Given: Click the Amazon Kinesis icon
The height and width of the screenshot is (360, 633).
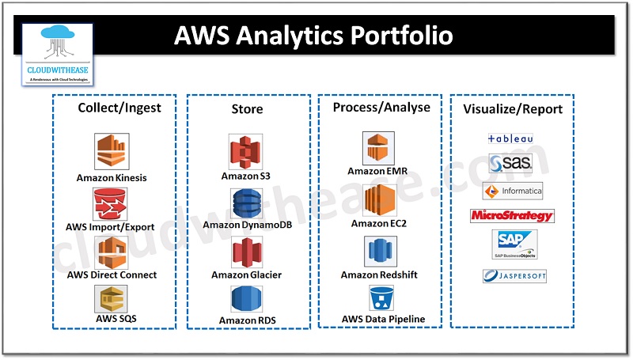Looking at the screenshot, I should coord(112,150).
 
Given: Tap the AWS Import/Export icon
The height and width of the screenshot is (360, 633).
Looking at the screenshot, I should coord(112,204).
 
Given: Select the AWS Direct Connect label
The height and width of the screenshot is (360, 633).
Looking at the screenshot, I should coord(112,275).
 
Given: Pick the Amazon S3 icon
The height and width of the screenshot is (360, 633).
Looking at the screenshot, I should coord(246,152).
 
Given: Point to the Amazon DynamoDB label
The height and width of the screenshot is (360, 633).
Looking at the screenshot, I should coord(246,225).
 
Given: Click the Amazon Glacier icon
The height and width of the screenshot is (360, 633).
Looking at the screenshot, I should coord(246,252).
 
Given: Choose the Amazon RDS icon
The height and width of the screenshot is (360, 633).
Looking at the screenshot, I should coord(246,301).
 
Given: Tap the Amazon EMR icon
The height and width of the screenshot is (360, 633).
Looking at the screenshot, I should coord(378,148).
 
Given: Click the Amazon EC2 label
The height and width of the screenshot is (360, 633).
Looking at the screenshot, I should coord(378,224).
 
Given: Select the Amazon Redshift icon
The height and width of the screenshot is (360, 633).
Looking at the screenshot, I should coord(378,252).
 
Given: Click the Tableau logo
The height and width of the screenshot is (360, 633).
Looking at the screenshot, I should coord(510,138).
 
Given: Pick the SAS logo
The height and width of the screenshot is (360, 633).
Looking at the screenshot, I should coord(510,164).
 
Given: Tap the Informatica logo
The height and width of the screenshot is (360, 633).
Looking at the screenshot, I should coord(512,190).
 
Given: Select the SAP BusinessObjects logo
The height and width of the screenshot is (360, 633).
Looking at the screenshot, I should coord(514,244).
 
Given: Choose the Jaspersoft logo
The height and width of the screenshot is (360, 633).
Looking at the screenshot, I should coord(514,276).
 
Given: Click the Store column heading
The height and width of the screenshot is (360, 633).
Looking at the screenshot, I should coord(248,108).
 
